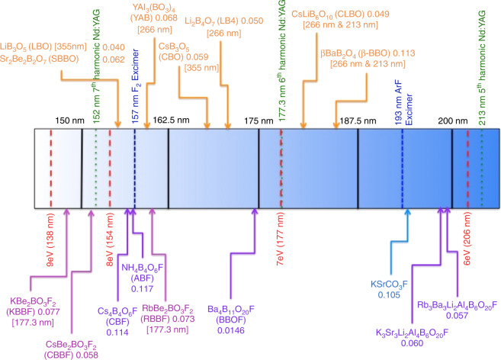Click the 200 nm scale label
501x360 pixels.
click(x=451, y=120)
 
